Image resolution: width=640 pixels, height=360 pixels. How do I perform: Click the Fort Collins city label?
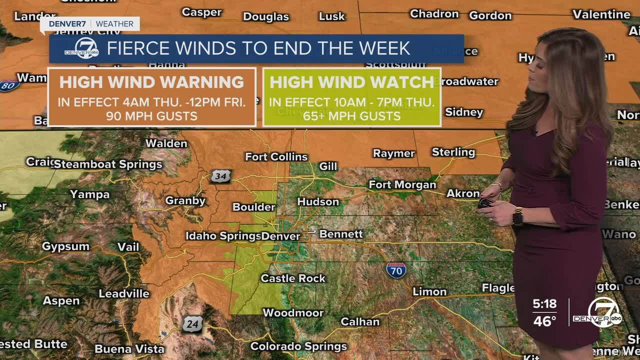point(276,157)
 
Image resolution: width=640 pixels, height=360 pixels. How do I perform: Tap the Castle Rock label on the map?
point(293,278)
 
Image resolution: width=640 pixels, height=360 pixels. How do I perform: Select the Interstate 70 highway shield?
point(396,270)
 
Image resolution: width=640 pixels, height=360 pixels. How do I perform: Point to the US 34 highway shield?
point(220,176)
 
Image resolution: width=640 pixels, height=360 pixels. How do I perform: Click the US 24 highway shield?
point(192,324)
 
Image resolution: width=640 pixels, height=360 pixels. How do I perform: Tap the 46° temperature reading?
point(544,321)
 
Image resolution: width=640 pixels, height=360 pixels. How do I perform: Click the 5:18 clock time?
point(544,304)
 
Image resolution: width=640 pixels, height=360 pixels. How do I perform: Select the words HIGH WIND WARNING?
point(151,82)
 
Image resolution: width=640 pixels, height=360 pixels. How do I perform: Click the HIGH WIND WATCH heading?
point(351,82)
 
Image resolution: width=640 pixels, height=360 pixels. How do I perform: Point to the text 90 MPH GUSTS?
point(151,116)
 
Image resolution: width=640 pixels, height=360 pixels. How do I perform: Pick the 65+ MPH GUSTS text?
point(351,116)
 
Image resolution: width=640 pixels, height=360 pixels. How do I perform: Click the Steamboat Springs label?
point(108,164)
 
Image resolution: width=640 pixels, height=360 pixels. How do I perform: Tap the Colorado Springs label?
point(298,346)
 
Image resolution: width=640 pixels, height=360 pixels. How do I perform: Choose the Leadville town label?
point(124,293)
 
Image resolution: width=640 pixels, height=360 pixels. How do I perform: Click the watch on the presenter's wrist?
point(518,216)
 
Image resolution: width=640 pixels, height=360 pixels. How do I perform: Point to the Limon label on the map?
point(429,291)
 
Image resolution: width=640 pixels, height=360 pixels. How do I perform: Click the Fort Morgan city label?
point(402,185)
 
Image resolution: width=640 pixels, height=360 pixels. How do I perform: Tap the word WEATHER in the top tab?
point(114,24)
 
